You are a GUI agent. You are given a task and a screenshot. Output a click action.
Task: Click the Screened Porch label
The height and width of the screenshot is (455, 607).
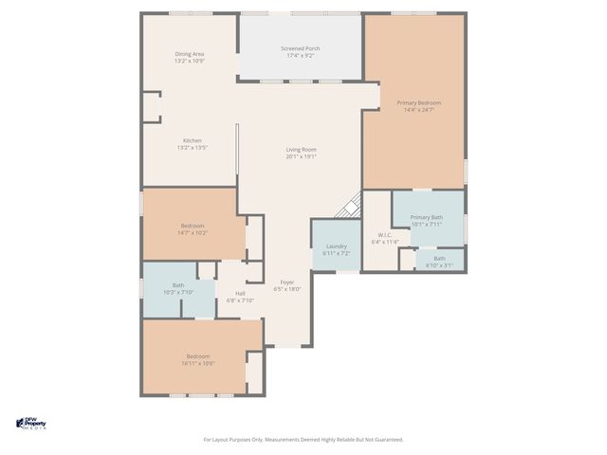(300, 48)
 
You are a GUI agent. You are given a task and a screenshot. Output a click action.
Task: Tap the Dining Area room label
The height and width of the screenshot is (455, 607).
(190, 54)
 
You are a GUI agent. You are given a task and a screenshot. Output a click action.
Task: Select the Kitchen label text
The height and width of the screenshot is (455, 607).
(192, 140)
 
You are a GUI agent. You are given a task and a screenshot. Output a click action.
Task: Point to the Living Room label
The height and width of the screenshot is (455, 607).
(302, 149)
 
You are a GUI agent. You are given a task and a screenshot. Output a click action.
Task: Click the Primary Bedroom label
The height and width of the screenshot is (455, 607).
(418, 102)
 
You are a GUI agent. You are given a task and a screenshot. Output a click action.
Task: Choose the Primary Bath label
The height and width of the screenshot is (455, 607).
(427, 218)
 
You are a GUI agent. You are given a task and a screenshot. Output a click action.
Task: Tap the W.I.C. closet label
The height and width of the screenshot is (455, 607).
(385, 235)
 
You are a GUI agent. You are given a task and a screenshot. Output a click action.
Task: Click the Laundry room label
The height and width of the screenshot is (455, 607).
(336, 246)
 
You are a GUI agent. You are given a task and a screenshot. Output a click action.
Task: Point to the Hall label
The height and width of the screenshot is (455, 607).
(240, 294)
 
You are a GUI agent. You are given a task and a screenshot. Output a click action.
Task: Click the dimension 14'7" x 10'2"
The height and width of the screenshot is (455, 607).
(193, 232)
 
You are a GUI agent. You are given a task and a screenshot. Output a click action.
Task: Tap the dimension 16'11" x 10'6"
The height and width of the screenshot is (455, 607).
(199, 363)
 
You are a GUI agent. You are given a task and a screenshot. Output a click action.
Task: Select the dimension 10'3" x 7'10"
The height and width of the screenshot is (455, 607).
(178, 292)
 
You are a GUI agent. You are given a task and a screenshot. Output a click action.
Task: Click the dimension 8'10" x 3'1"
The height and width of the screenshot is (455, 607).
(439, 264)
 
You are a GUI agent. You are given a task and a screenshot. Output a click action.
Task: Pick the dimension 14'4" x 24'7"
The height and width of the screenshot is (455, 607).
(418, 110)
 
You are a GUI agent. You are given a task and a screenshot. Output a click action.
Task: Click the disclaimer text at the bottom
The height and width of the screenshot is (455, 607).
(303, 439)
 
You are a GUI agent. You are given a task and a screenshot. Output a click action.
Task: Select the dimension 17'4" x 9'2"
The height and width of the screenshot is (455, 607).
(300, 56)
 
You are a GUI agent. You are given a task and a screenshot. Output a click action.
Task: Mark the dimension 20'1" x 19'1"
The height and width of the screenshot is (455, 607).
(302, 156)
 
